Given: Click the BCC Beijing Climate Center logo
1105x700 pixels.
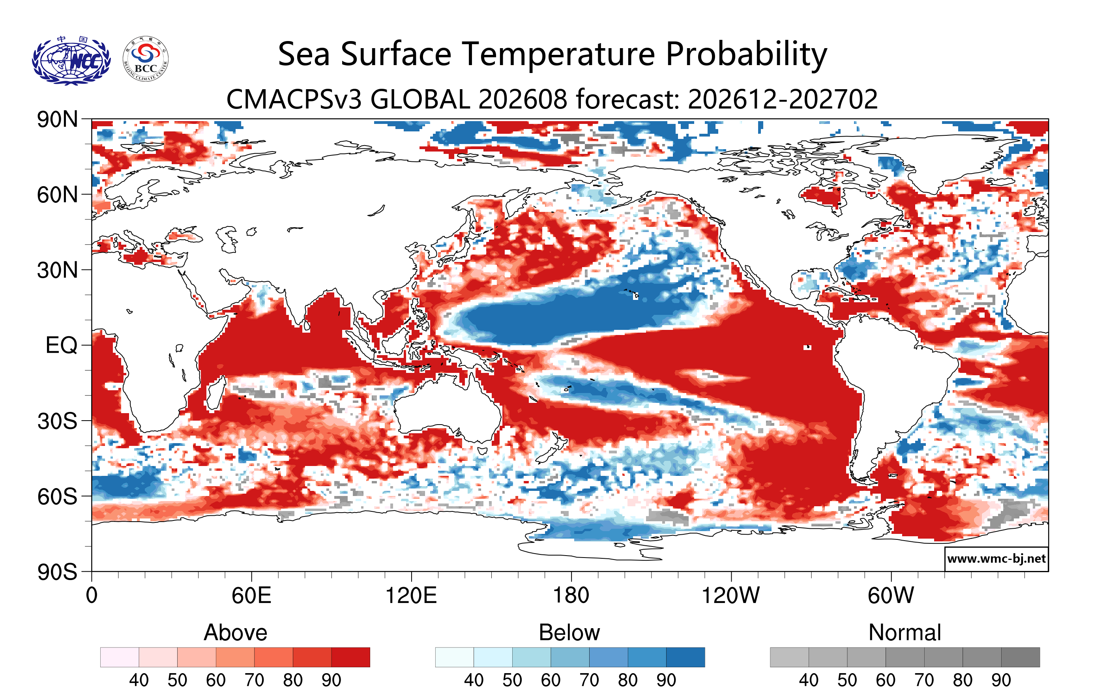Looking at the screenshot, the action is [x=146, y=59].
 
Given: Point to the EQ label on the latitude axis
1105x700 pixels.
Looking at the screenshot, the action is [x=62, y=345].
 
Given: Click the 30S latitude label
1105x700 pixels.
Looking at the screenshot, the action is [x=57, y=421].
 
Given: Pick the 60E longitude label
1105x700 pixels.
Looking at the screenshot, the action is [x=251, y=595].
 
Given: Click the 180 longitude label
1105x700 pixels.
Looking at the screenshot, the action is [x=571, y=595].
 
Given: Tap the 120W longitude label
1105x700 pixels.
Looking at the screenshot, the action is [x=730, y=595].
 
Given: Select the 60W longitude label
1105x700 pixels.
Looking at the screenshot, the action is [x=891, y=595].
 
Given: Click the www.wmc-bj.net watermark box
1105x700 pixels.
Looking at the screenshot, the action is [x=996, y=559].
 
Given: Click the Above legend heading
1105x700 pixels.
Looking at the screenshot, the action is [x=236, y=633].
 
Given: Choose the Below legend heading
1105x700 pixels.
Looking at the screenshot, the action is [x=569, y=633].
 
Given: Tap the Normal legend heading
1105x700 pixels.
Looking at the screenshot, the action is [x=905, y=633].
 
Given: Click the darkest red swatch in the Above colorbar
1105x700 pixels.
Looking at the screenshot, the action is [x=350, y=657].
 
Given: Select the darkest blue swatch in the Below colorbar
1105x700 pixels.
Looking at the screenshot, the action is [x=685, y=657].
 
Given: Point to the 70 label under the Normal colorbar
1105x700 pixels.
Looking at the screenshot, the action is [x=924, y=680].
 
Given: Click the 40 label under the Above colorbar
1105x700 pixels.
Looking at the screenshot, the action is [x=139, y=680].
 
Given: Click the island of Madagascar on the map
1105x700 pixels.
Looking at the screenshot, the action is [x=215, y=393].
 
